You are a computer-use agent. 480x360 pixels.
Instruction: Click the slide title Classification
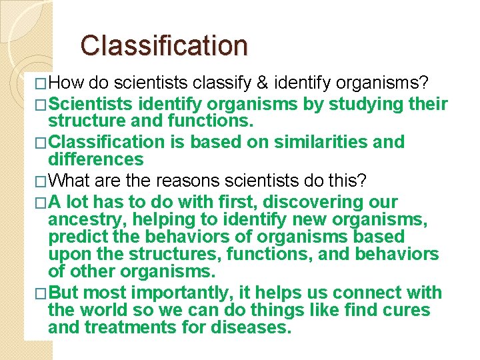[164, 45]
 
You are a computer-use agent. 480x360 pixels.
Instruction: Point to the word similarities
[308, 142]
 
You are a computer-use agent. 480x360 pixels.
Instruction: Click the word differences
[95, 159]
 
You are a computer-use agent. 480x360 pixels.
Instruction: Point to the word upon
[69, 255]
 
